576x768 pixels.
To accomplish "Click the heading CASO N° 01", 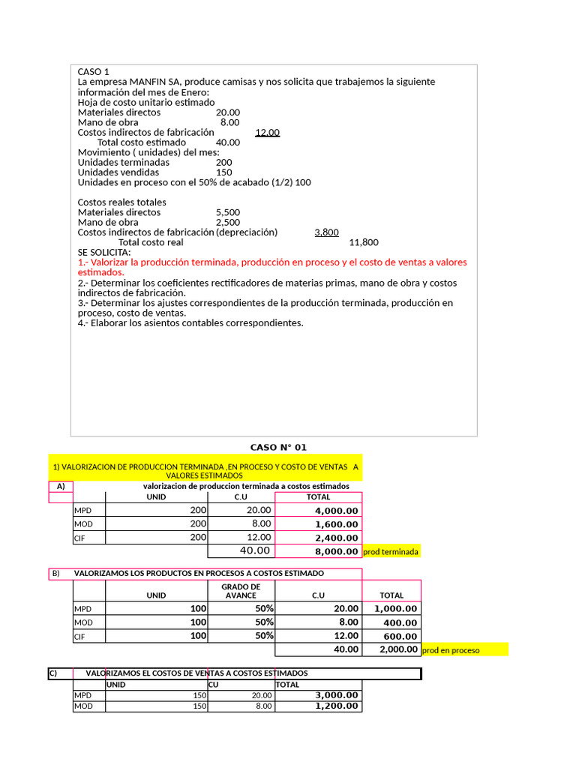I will point(278,448).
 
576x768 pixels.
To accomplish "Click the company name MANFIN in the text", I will point(148,82).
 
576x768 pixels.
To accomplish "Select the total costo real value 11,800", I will point(364,242).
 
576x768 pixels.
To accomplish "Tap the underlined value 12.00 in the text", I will point(267,132).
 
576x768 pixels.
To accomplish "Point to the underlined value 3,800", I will point(326,232).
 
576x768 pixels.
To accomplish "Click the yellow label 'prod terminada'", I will point(391,552).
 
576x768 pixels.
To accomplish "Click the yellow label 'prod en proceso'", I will point(451,650).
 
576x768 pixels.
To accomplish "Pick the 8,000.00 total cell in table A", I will point(337,551).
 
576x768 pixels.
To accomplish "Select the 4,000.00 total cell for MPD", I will point(337,511).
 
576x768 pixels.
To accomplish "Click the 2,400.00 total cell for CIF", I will point(337,538).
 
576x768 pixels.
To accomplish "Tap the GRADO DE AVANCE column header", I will point(241,591).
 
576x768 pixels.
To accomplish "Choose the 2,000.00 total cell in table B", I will point(398,649).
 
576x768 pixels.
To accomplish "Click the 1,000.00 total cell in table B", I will point(395,609).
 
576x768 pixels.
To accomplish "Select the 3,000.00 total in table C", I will point(337,695).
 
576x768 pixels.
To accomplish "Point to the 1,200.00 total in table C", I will point(337,706).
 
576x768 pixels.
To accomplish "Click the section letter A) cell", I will point(60,486).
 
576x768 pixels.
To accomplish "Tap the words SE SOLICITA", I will point(103,253).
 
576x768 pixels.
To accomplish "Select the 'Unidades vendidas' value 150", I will point(223,172).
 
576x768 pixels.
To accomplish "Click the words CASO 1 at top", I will point(93,72).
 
